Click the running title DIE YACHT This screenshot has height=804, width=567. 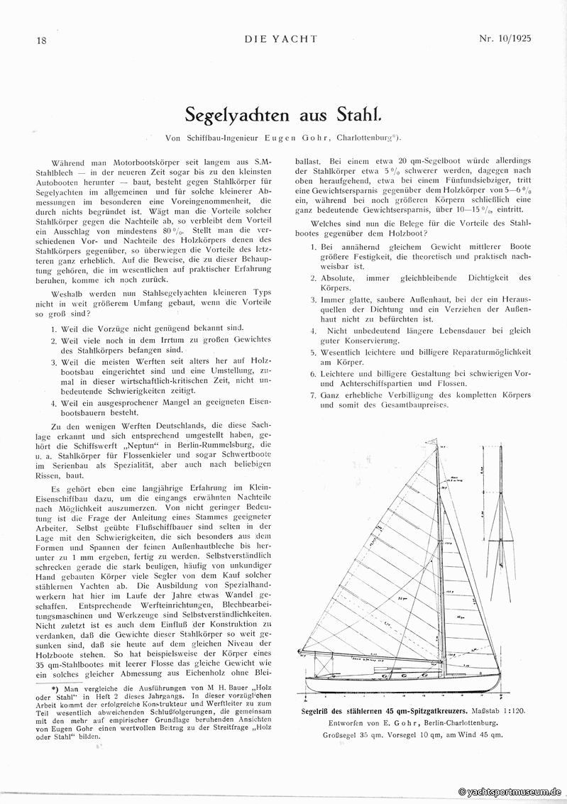283,40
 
